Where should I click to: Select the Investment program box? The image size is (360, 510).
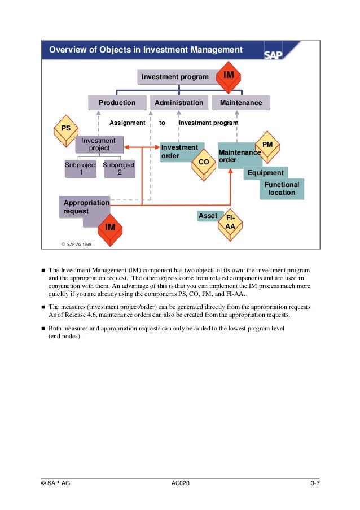tap(175, 77)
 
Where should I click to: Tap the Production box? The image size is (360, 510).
tap(117, 103)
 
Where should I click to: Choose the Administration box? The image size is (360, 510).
tap(179, 103)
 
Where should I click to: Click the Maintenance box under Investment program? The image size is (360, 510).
tap(241, 103)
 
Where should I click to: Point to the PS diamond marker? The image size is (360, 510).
tap(66, 129)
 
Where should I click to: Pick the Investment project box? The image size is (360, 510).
tap(99, 145)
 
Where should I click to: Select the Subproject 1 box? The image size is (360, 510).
tap(81, 169)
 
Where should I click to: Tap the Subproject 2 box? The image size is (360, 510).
tap(119, 169)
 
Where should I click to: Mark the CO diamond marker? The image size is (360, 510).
tap(204, 162)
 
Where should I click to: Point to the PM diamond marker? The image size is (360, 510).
tap(267, 145)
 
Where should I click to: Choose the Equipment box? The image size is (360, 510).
tap(265, 173)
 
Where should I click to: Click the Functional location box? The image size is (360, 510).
tap(282, 189)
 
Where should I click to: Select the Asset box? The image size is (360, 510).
tap(208, 216)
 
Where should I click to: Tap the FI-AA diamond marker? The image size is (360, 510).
tap(230, 222)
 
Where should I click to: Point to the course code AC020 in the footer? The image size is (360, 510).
tap(180, 483)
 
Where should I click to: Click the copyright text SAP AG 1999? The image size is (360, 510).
tap(77, 244)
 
